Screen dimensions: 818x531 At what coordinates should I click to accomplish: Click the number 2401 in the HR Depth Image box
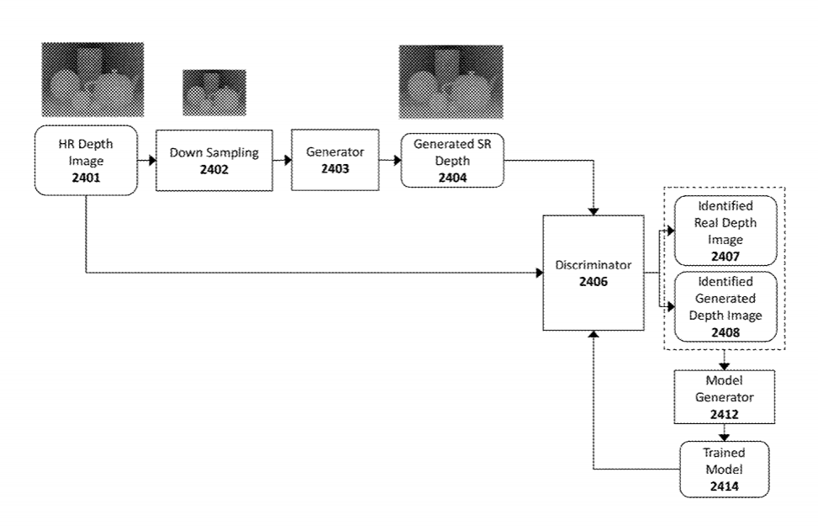(86, 178)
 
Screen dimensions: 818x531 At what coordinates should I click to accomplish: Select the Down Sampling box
(214, 160)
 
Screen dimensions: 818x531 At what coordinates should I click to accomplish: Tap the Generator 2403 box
(335, 160)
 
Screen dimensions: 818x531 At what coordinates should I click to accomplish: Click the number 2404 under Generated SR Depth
(452, 178)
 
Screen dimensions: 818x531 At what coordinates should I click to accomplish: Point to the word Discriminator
(594, 265)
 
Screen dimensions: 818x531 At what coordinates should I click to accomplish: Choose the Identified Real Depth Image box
(726, 231)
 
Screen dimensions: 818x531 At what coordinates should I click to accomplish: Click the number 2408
(726, 332)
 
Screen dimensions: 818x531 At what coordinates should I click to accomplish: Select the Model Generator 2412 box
(724, 397)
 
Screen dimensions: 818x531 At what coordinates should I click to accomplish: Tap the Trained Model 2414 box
(724, 469)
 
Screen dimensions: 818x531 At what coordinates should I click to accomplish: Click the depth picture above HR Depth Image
(92, 79)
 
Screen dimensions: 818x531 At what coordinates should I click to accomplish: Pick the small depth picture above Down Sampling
(214, 93)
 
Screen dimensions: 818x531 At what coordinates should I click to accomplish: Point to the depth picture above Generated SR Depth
(451, 82)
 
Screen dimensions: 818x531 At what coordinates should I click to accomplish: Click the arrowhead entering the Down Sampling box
(152, 160)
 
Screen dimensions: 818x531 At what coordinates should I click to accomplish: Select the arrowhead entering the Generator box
(288, 160)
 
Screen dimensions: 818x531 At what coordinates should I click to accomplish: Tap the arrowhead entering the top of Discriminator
(594, 211)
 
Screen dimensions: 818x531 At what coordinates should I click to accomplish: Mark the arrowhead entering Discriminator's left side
(540, 273)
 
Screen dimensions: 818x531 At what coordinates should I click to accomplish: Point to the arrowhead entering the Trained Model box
(724, 437)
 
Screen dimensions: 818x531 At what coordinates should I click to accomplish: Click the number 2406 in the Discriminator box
(594, 281)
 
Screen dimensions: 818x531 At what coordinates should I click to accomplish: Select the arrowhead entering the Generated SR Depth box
(397, 160)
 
